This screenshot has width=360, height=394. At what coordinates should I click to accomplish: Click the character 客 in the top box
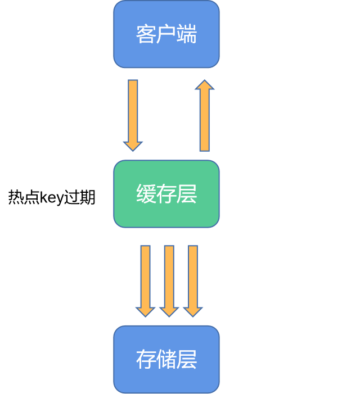click(x=146, y=34)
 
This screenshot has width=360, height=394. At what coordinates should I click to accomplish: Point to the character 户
click(x=166, y=34)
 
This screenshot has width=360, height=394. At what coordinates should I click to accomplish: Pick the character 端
click(x=187, y=34)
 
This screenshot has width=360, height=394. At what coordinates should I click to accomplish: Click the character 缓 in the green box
click(x=146, y=194)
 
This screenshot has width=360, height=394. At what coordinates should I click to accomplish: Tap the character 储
click(x=166, y=359)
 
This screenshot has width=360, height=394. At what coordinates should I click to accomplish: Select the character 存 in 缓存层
click(x=166, y=194)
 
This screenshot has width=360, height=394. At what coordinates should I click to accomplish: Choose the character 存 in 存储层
click(x=146, y=359)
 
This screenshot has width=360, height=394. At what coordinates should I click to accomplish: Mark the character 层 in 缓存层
click(x=187, y=194)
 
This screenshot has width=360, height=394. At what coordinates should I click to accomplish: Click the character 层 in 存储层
click(x=187, y=359)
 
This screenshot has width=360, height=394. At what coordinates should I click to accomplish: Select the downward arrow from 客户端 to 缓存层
click(x=133, y=112)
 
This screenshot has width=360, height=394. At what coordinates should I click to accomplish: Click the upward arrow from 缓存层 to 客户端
click(x=205, y=118)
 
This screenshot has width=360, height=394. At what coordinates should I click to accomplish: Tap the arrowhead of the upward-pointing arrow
click(x=205, y=85)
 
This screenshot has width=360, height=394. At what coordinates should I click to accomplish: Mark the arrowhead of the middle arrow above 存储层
click(x=169, y=311)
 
